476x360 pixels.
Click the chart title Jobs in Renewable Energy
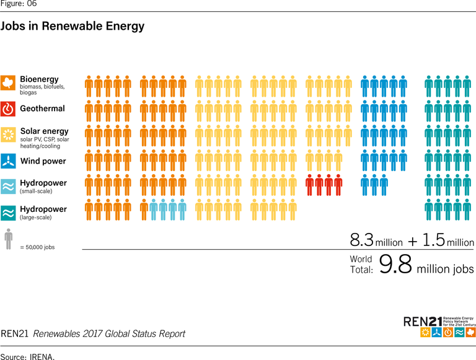(73, 27)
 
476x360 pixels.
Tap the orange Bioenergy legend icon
(8, 82)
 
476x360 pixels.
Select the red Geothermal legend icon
(8, 109)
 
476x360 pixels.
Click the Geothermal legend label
(42, 109)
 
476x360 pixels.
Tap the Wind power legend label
(43, 162)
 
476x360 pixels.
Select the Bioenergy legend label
(39, 79)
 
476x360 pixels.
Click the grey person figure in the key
(8, 239)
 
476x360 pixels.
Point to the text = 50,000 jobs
(37, 247)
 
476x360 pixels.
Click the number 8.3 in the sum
(361, 240)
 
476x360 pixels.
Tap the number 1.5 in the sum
(433, 240)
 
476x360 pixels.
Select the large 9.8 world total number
(395, 265)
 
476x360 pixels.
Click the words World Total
(361, 265)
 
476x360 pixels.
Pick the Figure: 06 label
(18, 4)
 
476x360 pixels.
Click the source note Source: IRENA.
(27, 356)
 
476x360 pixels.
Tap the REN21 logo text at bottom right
(423, 321)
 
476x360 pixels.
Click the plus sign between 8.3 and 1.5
(412, 241)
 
